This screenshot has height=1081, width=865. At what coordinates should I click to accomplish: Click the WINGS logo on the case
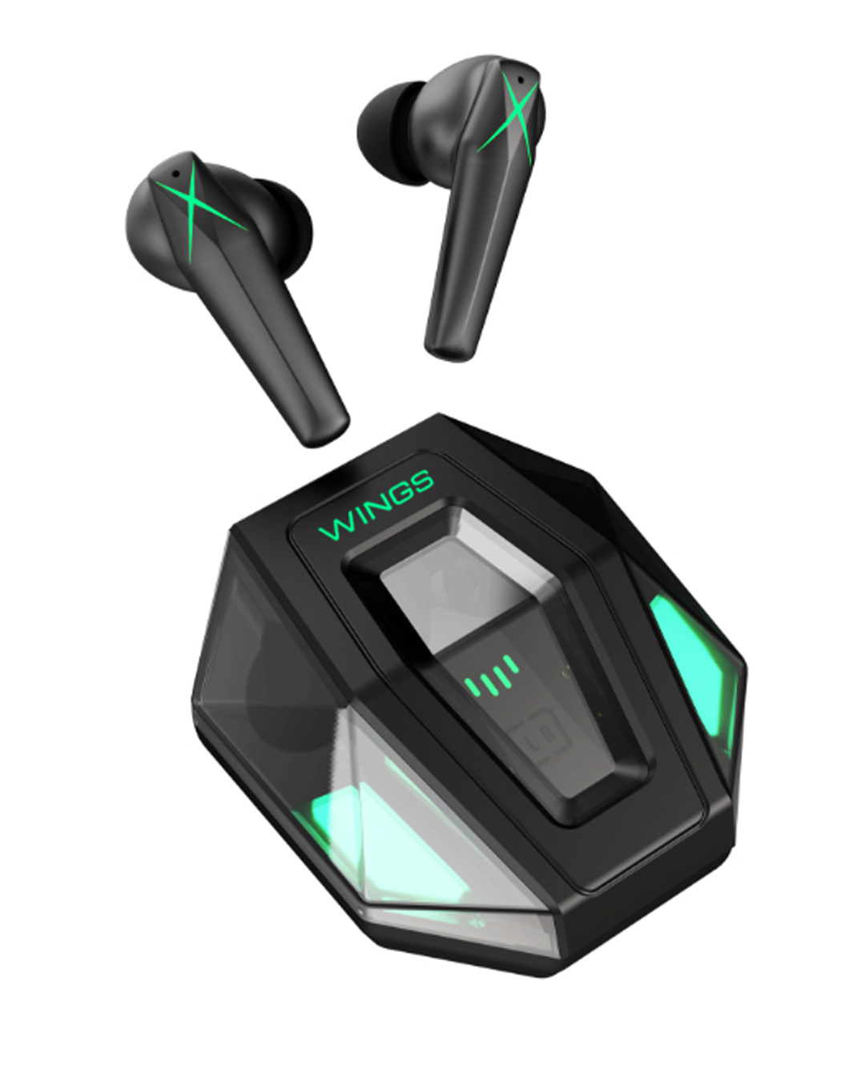(376, 504)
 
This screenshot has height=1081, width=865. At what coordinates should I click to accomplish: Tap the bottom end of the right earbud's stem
(449, 344)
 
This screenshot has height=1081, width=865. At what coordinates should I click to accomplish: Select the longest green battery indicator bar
(510, 665)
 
